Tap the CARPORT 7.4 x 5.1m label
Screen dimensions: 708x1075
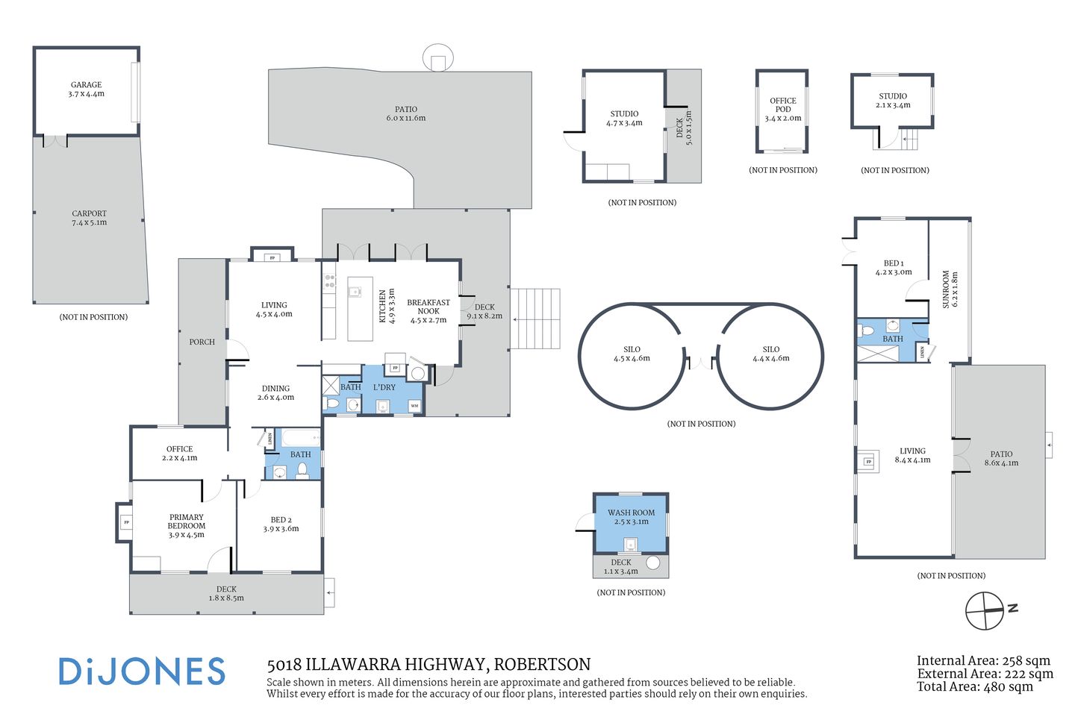point(89,218)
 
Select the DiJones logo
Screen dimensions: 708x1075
point(142,671)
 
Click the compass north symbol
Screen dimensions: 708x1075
point(985,611)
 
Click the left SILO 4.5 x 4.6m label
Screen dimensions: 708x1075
point(632,354)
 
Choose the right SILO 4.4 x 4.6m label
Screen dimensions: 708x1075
point(770,354)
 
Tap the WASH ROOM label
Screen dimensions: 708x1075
point(631,517)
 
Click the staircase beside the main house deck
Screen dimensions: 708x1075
point(535,319)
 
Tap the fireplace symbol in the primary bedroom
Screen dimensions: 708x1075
point(126,522)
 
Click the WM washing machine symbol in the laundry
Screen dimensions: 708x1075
point(414,406)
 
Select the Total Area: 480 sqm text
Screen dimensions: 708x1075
point(974,686)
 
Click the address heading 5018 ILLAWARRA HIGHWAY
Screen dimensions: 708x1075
point(429,664)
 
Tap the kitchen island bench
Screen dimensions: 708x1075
point(360,309)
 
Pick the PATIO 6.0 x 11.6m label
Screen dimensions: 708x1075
point(406,113)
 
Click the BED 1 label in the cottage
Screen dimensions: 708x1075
point(893,267)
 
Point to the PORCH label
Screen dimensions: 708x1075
point(202,342)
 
